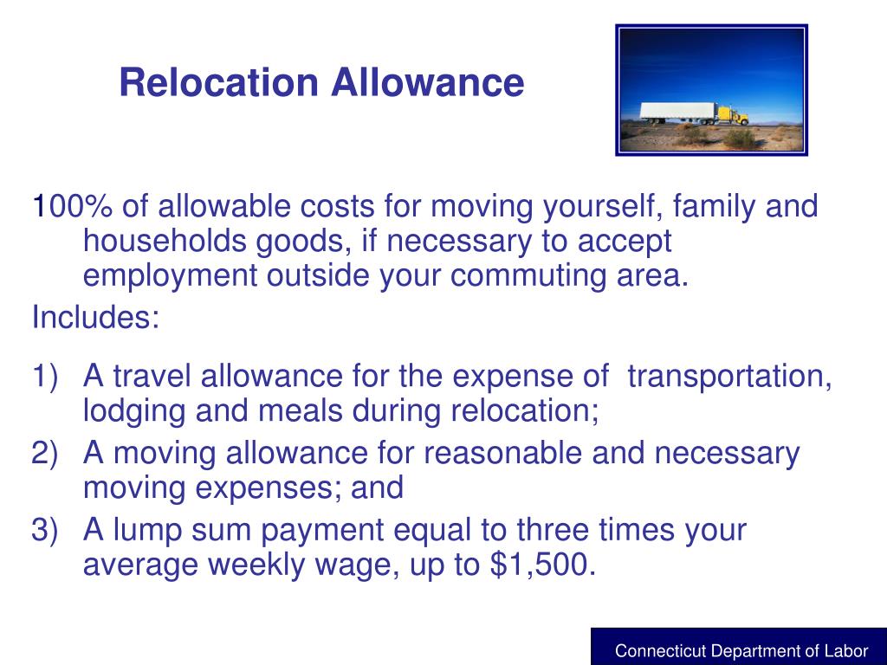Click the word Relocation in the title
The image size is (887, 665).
coord(219,83)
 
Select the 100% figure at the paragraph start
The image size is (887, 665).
coord(72,208)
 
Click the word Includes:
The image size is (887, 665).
coord(95,318)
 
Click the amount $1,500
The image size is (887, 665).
coord(543,565)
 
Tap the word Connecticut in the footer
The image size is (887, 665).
coord(660,651)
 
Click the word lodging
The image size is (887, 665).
coord(134,411)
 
